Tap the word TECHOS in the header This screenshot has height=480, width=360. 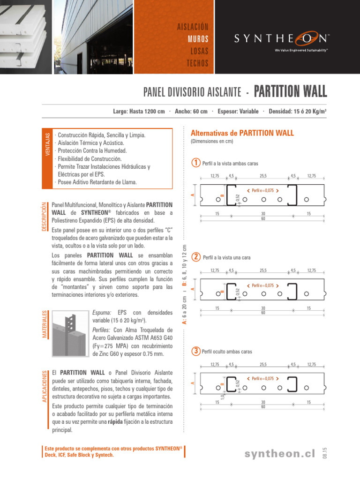tap(197, 63)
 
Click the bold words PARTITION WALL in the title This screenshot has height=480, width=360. tap(290, 91)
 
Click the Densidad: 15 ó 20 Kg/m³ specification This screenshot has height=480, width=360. tap(298, 111)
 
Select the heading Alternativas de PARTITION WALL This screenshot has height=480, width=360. tap(242, 133)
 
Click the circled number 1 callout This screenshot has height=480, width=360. tap(196, 163)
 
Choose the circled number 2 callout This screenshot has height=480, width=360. tap(196, 257)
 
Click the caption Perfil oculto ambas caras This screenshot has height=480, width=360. tap(227, 352)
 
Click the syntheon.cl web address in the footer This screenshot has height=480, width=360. tap(282, 453)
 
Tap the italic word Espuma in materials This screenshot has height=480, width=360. tap(102, 313)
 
